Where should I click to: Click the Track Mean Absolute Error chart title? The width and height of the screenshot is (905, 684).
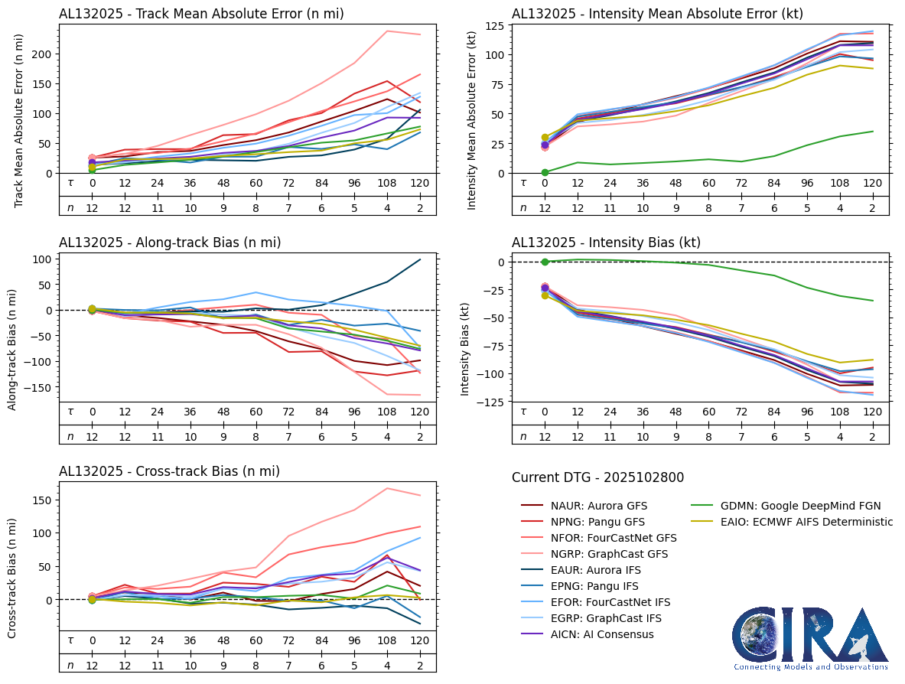(x=201, y=14)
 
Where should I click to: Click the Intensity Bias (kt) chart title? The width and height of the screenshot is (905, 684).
(x=606, y=243)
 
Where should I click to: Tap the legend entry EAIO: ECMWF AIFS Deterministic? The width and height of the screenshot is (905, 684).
(x=796, y=522)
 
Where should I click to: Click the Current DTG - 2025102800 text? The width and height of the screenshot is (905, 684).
(x=597, y=477)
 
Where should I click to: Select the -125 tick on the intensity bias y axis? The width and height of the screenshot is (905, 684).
(x=491, y=402)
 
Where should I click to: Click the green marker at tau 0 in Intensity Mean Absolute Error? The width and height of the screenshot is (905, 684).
(x=545, y=172)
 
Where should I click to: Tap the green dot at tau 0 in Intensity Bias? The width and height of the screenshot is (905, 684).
(x=545, y=262)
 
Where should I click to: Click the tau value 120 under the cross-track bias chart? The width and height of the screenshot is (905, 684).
(x=420, y=640)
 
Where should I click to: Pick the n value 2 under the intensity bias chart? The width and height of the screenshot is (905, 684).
(x=873, y=436)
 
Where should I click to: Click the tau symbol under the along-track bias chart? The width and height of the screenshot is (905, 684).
(x=70, y=411)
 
